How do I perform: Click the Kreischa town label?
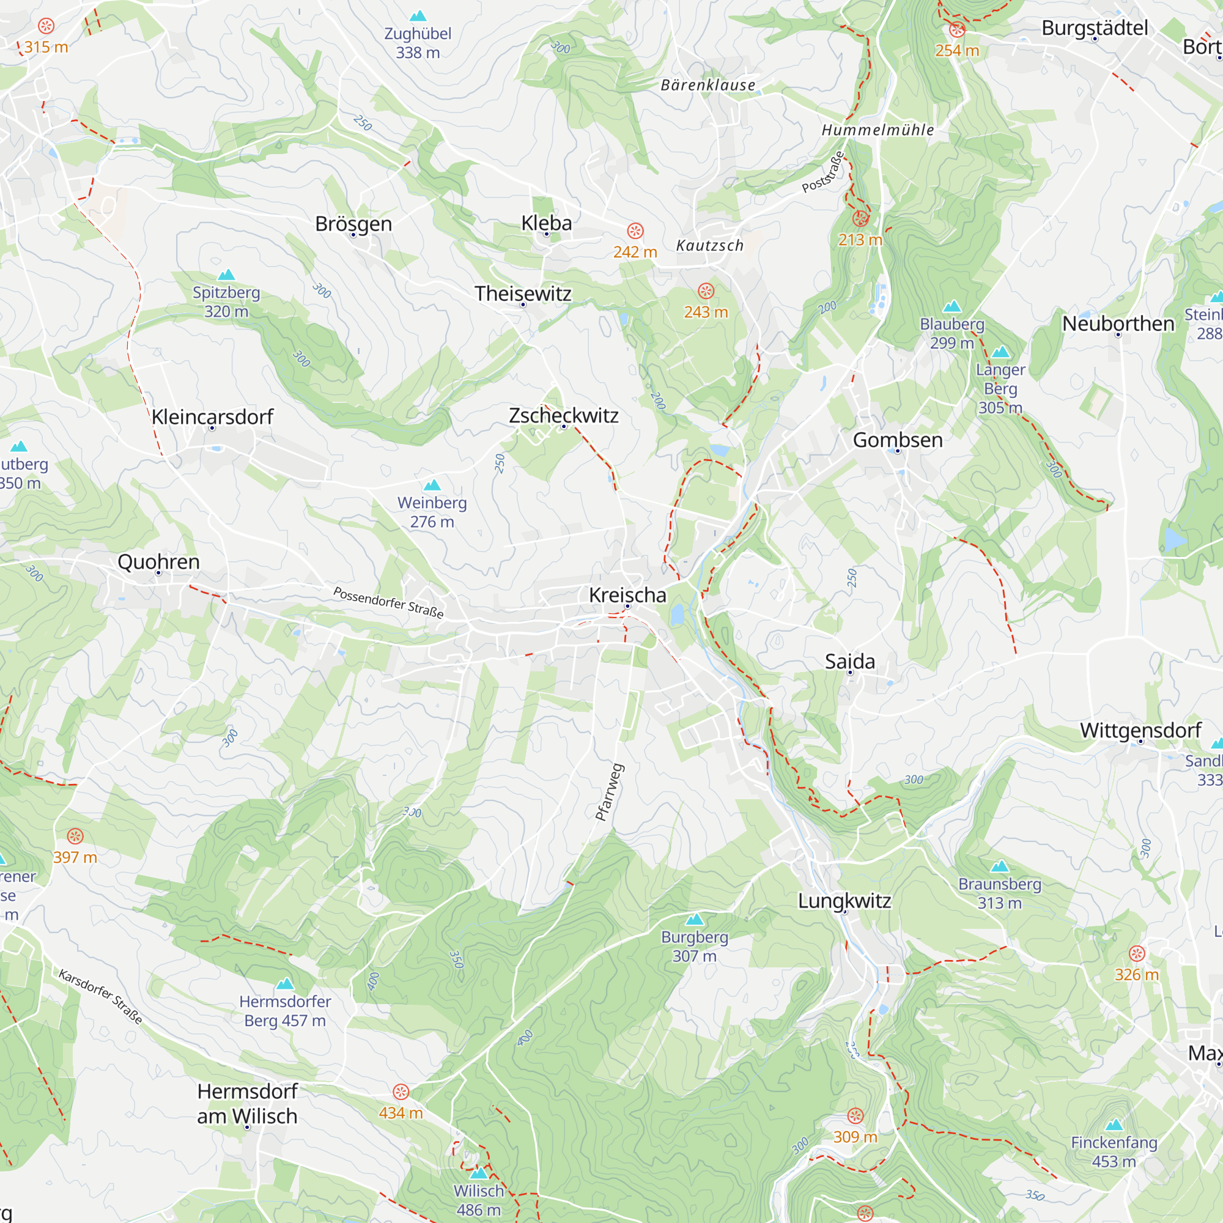[627, 595]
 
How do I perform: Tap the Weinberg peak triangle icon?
[432, 486]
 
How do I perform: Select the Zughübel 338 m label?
[418, 42]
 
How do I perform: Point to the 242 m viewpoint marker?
[635, 231]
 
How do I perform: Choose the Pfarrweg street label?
[610, 793]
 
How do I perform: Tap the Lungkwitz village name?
[844, 901]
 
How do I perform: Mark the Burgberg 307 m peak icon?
[695, 919]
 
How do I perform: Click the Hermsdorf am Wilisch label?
[247, 1103]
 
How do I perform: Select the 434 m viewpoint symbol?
[401, 1092]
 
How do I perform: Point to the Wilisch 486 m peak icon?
[479, 1173]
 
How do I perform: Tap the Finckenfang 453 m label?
[1114, 1151]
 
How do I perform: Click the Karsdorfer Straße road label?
[100, 996]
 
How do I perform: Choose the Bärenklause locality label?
[708, 85]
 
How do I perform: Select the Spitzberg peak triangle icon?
[226, 275]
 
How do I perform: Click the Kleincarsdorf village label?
[212, 416]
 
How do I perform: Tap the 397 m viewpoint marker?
[75, 836]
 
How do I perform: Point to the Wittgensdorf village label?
[1140, 730]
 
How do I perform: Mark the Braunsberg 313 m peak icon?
[1000, 866]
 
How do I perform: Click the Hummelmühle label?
[878, 130]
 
